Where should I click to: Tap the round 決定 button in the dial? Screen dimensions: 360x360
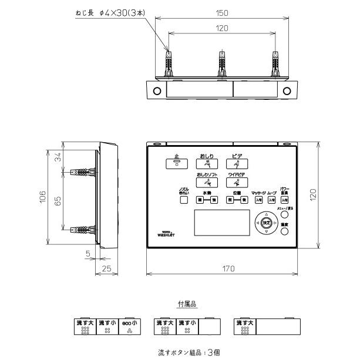click(266, 223)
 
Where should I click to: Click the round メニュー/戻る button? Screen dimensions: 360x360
click(285, 215)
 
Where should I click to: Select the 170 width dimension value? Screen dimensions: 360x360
click(228, 267)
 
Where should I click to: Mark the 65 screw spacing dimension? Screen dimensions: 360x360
click(57, 200)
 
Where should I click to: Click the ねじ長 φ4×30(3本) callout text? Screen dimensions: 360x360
click(112, 12)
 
